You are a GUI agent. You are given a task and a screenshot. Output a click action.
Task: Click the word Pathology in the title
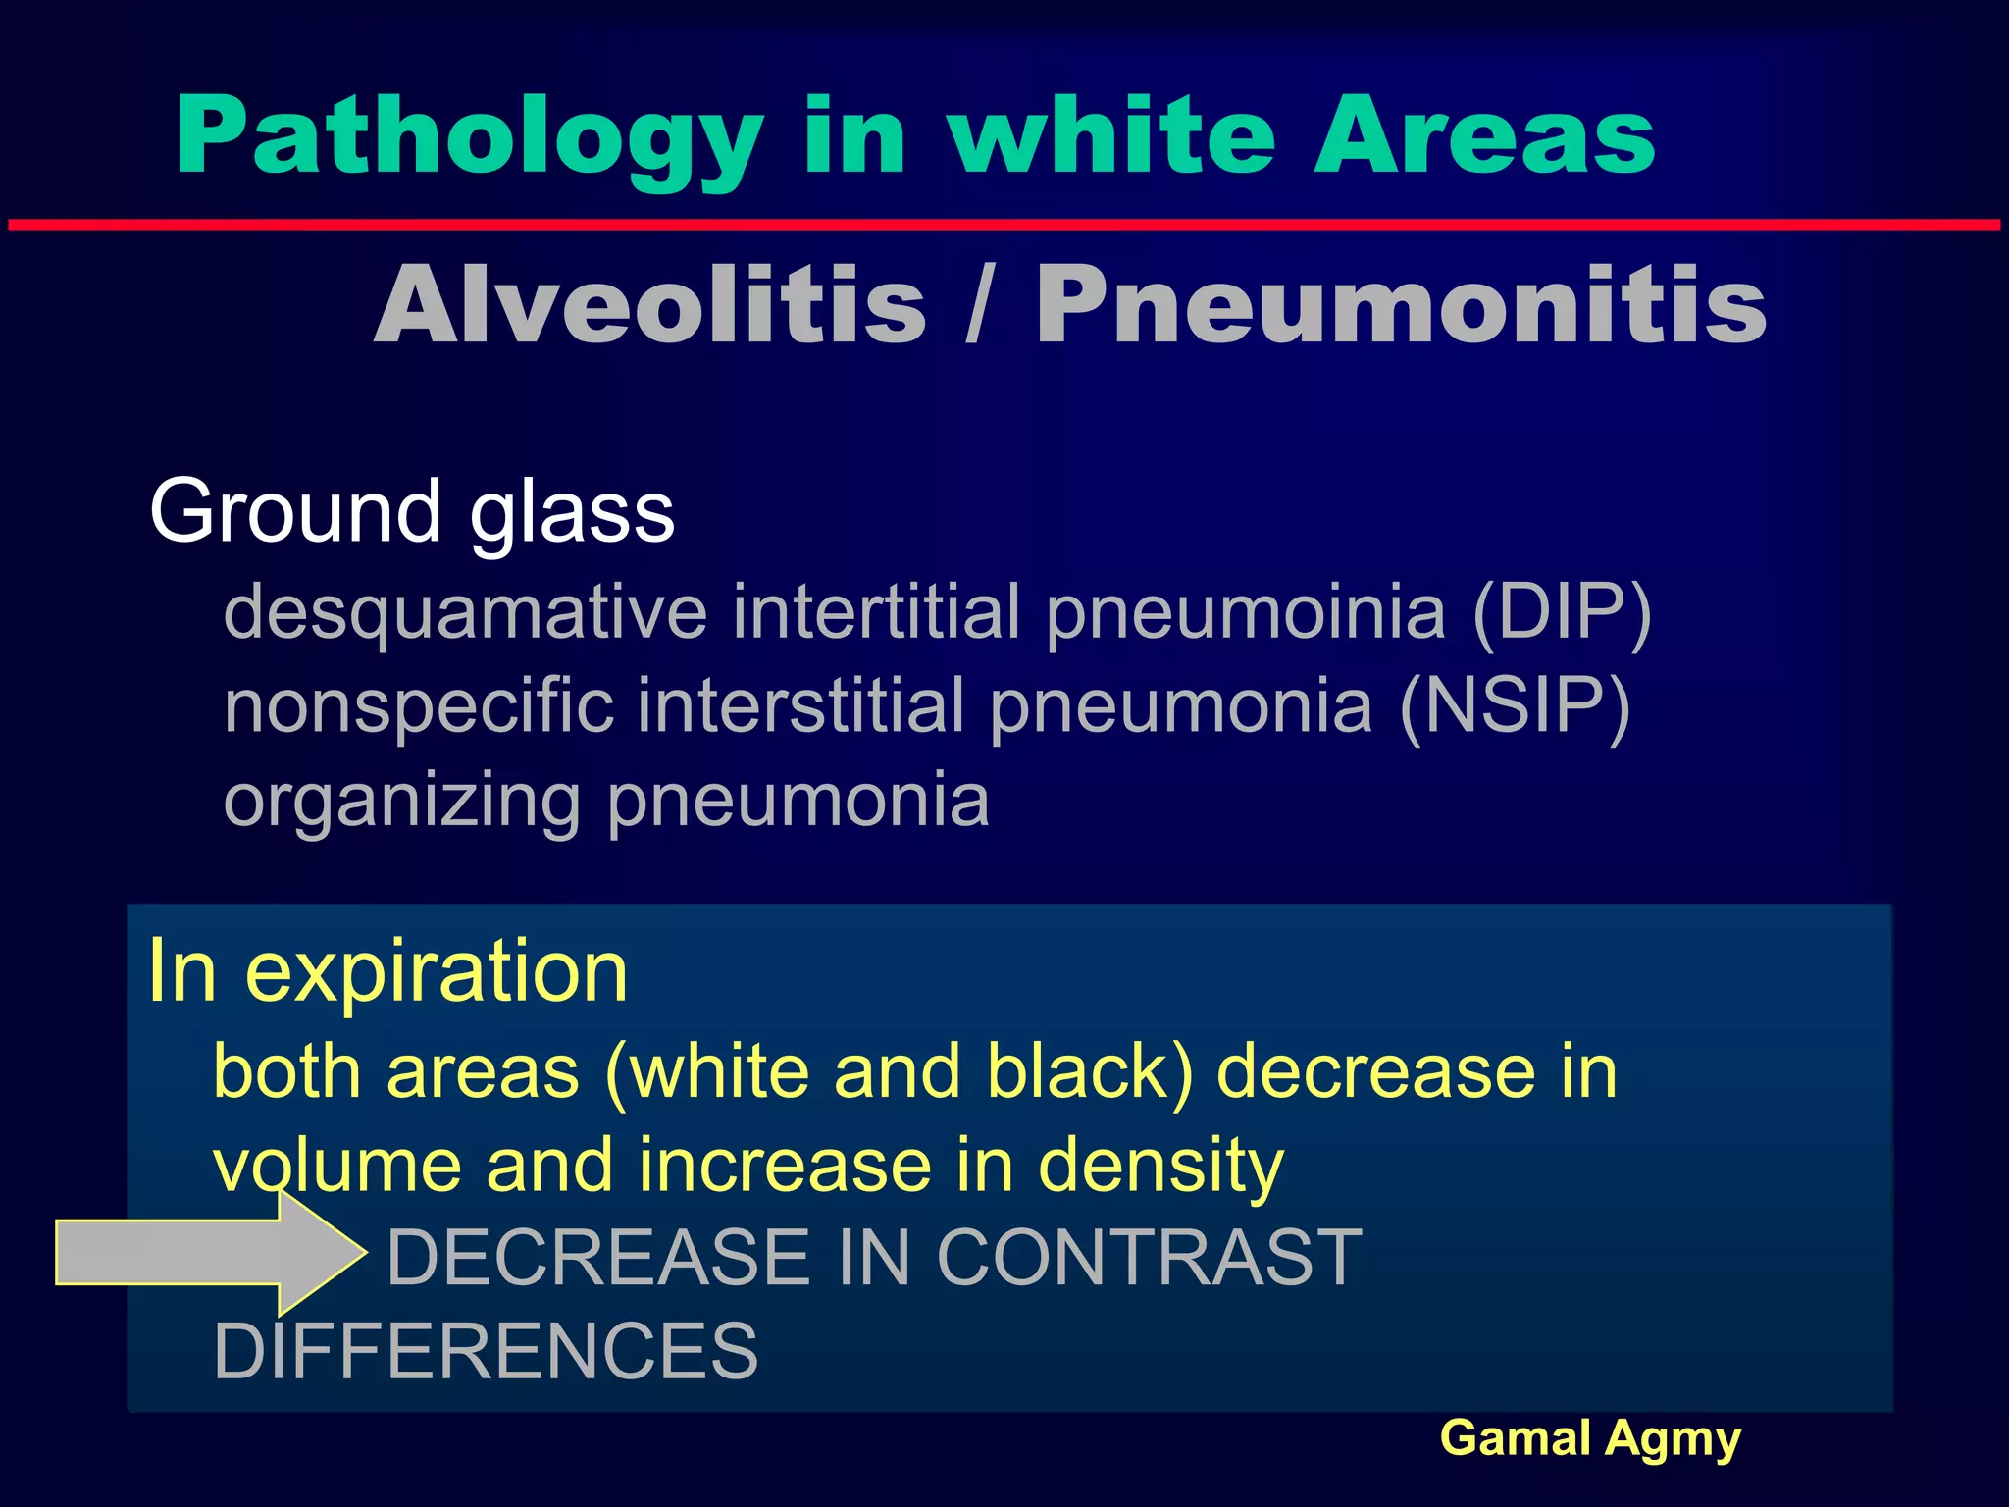[469, 137]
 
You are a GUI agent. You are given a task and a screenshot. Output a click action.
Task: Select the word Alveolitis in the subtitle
[650, 305]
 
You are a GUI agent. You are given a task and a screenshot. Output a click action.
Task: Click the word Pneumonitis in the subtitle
[1401, 305]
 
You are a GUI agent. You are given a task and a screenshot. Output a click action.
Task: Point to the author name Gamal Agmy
[1590, 1439]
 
